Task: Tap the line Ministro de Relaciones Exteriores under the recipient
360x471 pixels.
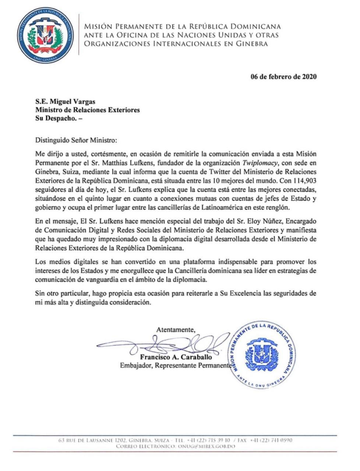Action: pyautogui.click(x=87, y=110)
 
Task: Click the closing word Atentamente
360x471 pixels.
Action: pyautogui.click(x=176, y=329)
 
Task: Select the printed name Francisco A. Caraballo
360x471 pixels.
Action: pyautogui.click(x=176, y=357)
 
